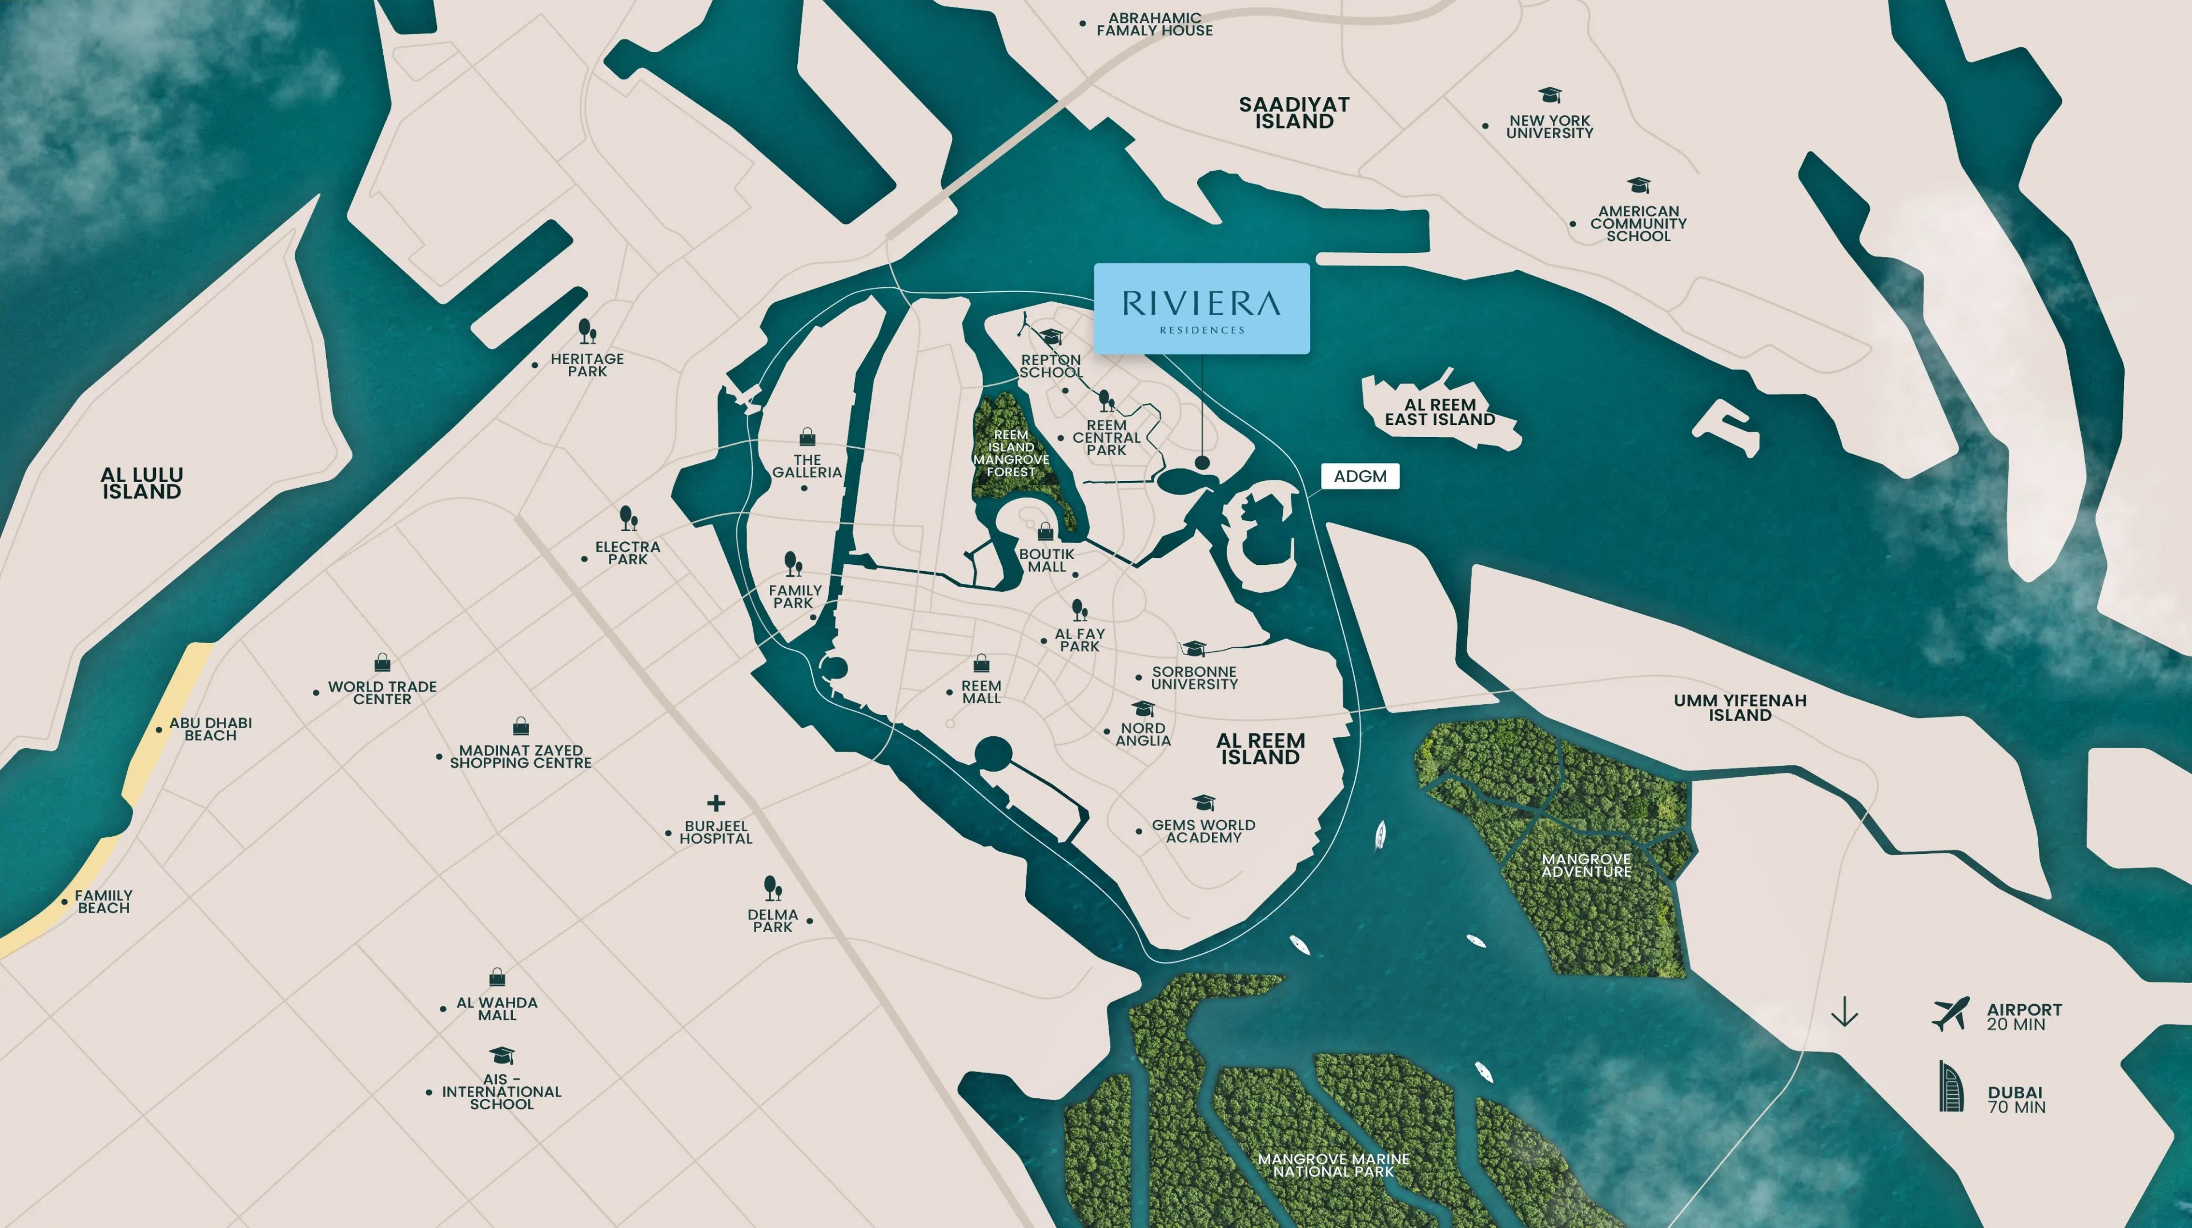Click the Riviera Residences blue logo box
pos(1201,308)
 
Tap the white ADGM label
pos(1359,476)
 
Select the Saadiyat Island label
pos(1294,113)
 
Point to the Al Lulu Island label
pos(141,483)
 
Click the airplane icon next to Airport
pos(1950,1014)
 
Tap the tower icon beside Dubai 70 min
pos(1950,1087)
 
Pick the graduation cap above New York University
pos(1549,94)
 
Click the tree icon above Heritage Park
pos(587,331)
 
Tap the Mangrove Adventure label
pos(1586,865)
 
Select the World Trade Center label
pos(382,693)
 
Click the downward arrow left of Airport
pos(1844,1012)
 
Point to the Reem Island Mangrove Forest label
pos(1011,454)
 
